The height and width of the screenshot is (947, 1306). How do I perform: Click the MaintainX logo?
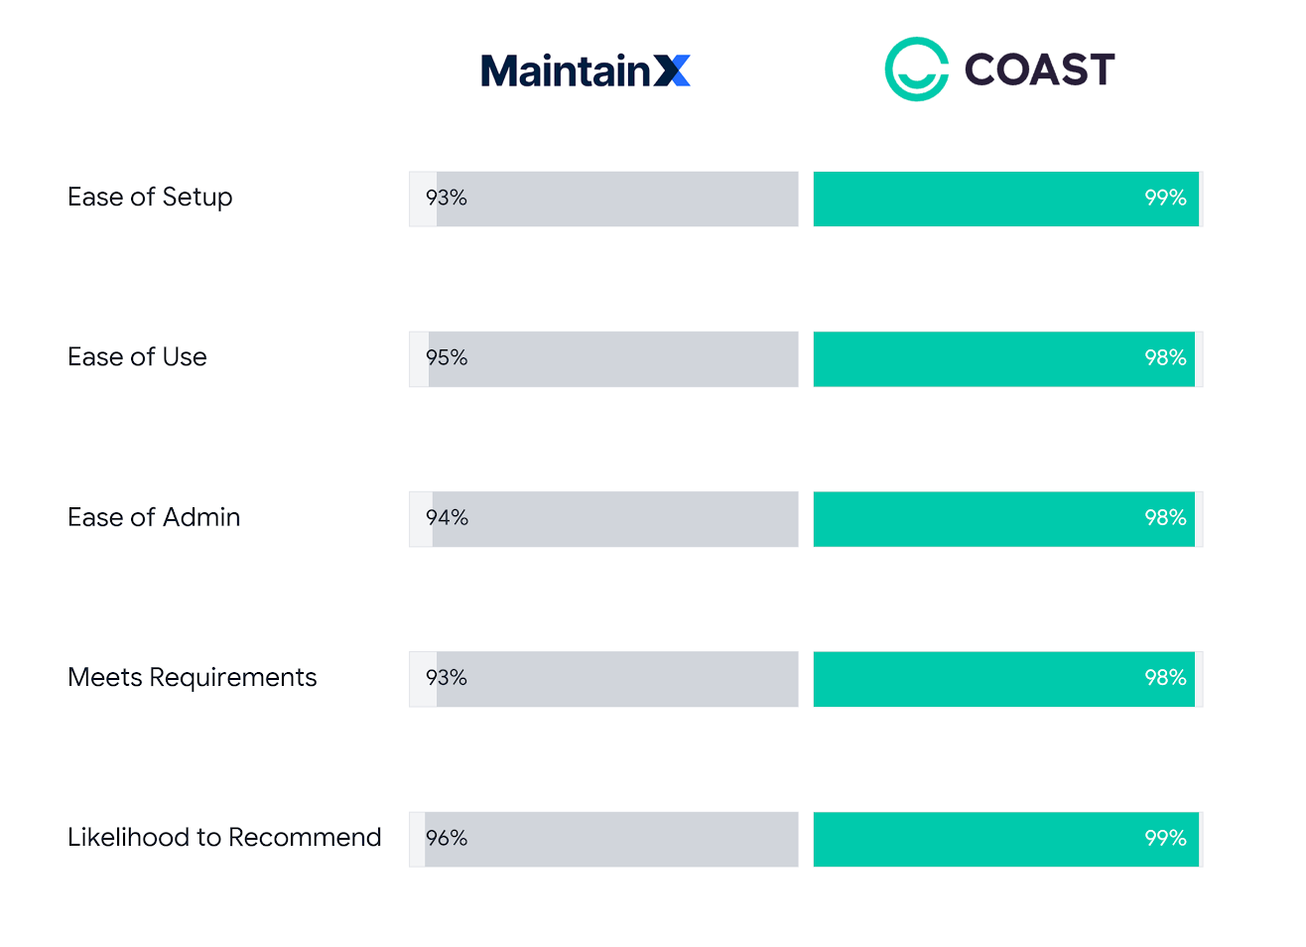click(585, 70)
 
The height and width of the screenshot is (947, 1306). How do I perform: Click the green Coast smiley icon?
click(916, 69)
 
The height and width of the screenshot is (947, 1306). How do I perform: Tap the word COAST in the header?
click(1039, 69)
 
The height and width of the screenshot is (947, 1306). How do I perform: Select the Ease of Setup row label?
click(150, 198)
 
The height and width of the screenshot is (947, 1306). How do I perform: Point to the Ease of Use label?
click(137, 357)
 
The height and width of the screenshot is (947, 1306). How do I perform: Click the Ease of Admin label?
click(154, 517)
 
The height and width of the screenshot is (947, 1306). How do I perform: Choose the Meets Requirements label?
click(192, 678)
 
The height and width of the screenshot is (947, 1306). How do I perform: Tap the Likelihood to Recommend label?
click(224, 838)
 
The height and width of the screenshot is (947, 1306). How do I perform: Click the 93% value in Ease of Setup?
click(446, 199)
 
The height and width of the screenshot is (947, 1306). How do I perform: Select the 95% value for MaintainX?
click(446, 358)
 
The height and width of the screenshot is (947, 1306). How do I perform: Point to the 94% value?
click(447, 518)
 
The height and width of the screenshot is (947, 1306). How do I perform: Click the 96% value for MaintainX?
click(446, 839)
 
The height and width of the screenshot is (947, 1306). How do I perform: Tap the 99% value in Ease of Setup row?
click(1165, 199)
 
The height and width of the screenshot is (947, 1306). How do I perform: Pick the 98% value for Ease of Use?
click(1165, 358)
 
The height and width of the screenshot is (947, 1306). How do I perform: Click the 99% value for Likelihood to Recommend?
click(1165, 839)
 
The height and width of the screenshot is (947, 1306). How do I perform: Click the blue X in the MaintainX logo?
click(672, 70)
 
